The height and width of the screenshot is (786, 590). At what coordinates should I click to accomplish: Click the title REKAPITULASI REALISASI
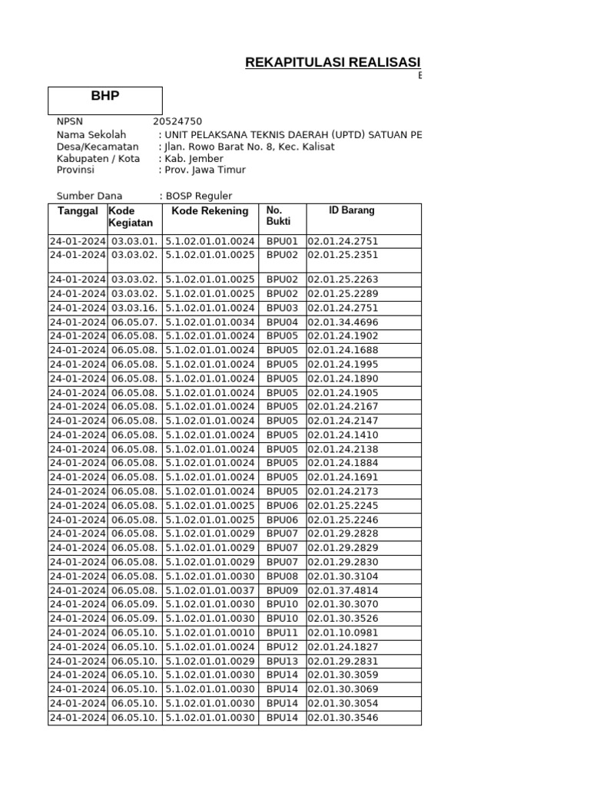pyautogui.click(x=333, y=62)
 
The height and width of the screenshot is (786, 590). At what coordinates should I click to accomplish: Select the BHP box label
pyautogui.click(x=105, y=96)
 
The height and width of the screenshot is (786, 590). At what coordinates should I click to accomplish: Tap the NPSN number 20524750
pyautogui.click(x=177, y=121)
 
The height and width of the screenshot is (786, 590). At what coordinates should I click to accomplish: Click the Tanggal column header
pyautogui.click(x=78, y=211)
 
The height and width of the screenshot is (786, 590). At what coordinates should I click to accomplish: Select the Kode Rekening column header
pyautogui.click(x=210, y=211)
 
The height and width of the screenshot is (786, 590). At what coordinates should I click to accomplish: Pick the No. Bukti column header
pyautogui.click(x=275, y=216)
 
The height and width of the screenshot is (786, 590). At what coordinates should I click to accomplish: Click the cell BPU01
pyautogui.click(x=282, y=241)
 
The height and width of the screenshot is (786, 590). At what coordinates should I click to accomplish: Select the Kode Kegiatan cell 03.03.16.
pyautogui.click(x=134, y=308)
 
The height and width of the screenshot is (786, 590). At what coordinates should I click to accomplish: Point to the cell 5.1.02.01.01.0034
pyautogui.click(x=210, y=322)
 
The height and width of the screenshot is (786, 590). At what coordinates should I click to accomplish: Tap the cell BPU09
pyautogui.click(x=282, y=590)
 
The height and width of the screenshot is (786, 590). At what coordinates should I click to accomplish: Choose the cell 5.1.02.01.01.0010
pyautogui.click(x=210, y=632)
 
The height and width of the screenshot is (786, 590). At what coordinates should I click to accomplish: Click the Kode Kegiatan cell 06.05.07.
pyautogui.click(x=134, y=322)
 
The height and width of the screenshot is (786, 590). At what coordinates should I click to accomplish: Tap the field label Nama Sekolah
pyautogui.click(x=91, y=134)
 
